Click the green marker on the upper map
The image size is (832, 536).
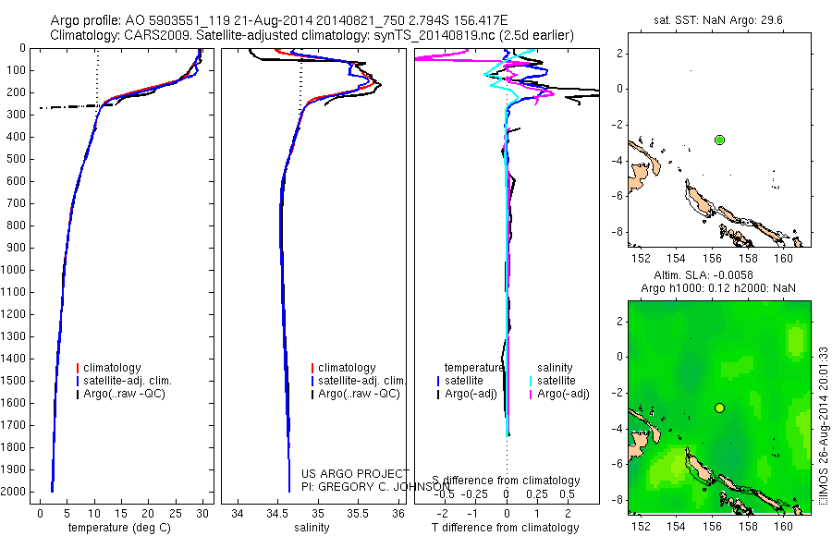click(x=719, y=140)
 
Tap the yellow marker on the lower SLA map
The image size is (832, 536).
click(x=719, y=408)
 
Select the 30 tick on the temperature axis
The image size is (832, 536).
click(x=202, y=514)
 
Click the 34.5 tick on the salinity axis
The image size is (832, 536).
click(x=278, y=514)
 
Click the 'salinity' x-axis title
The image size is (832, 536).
click(x=312, y=528)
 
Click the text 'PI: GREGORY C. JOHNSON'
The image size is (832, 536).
click(x=377, y=487)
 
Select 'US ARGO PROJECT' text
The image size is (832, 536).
click(x=355, y=474)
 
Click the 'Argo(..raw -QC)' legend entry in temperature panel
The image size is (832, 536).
click(x=128, y=394)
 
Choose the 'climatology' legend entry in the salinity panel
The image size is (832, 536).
click(x=346, y=368)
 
